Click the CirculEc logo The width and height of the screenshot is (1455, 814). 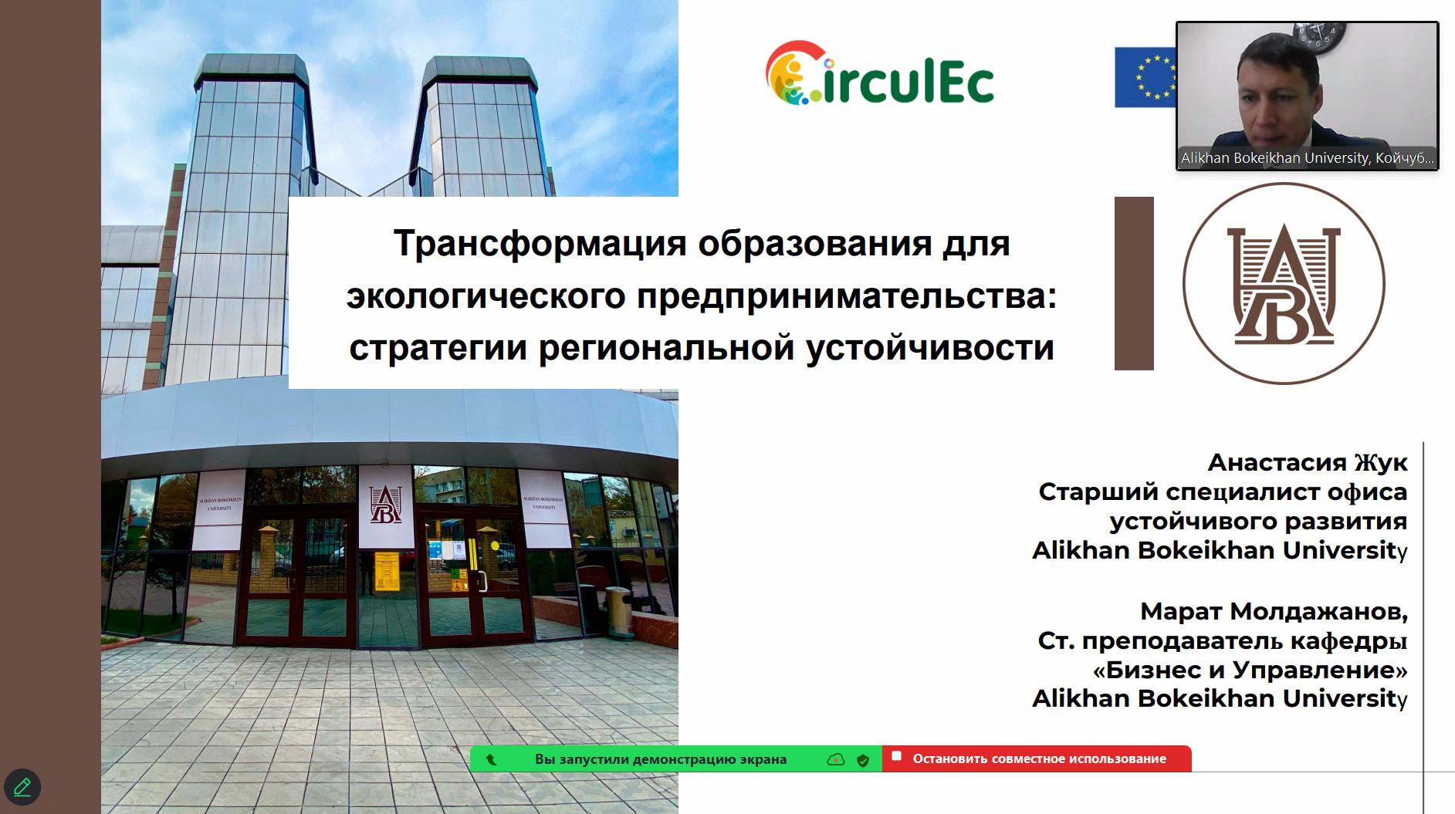[x=879, y=73]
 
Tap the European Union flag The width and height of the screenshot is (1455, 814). [x=1145, y=77]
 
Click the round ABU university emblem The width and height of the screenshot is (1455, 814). [x=1284, y=283]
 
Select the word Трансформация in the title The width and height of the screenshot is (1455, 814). [x=540, y=244]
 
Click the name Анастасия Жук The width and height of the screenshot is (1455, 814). [x=1308, y=462]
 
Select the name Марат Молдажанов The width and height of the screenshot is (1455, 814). [x=1274, y=611]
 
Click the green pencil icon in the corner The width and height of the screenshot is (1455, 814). [x=22, y=787]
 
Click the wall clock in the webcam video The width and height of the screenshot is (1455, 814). [x=1321, y=35]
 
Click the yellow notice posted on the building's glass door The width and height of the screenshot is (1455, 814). [x=387, y=571]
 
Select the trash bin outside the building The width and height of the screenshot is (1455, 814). [x=618, y=613]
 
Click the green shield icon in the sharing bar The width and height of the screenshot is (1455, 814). [x=863, y=760]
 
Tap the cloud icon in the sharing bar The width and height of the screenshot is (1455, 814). [x=836, y=759]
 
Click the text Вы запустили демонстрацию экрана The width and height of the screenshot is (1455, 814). [x=661, y=759]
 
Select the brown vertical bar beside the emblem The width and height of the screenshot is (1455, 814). [x=1134, y=283]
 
